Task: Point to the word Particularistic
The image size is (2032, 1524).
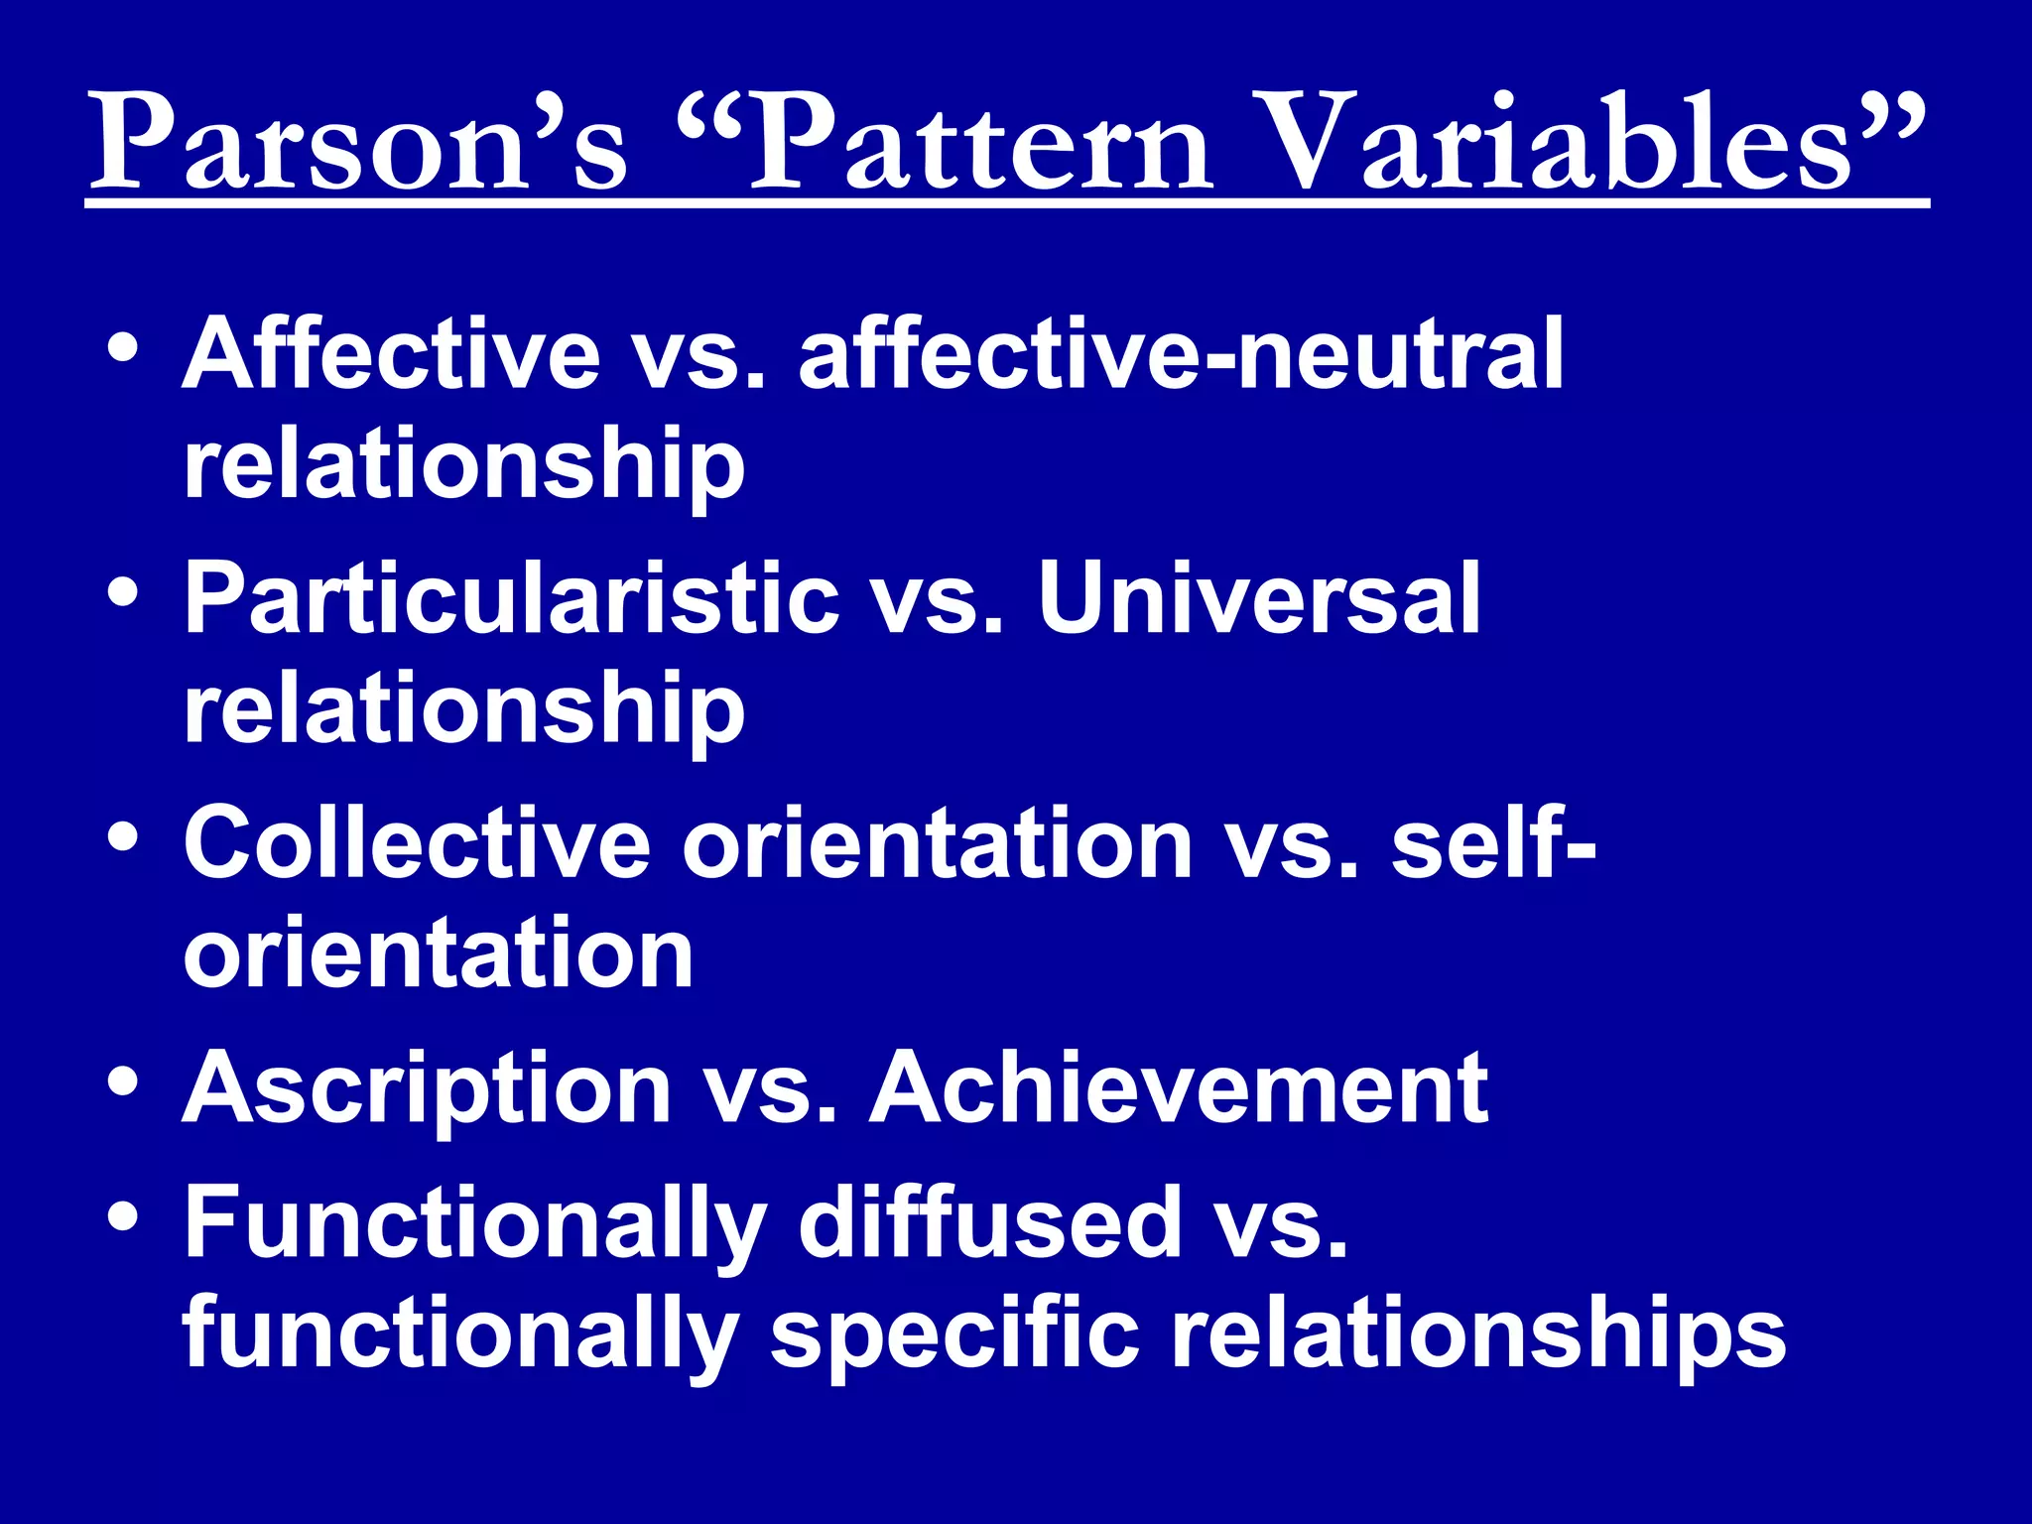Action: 512,599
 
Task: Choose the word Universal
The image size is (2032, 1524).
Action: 1258,599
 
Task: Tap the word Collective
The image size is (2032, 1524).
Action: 417,843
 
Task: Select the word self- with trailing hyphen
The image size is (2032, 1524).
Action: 1492,843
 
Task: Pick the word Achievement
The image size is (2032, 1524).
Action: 1178,1089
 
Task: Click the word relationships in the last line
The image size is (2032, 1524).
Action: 1478,1334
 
